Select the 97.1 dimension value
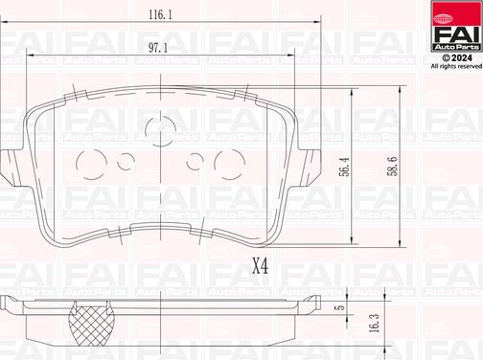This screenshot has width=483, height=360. pyautogui.click(x=158, y=47)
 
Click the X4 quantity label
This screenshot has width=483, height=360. pyautogui.click(x=259, y=267)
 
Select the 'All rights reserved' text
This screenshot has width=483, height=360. pyautogui.click(x=448, y=66)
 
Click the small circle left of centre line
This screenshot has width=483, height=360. pyautogui.click(x=125, y=161)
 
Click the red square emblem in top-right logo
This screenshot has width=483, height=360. pyautogui.click(x=447, y=13)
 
